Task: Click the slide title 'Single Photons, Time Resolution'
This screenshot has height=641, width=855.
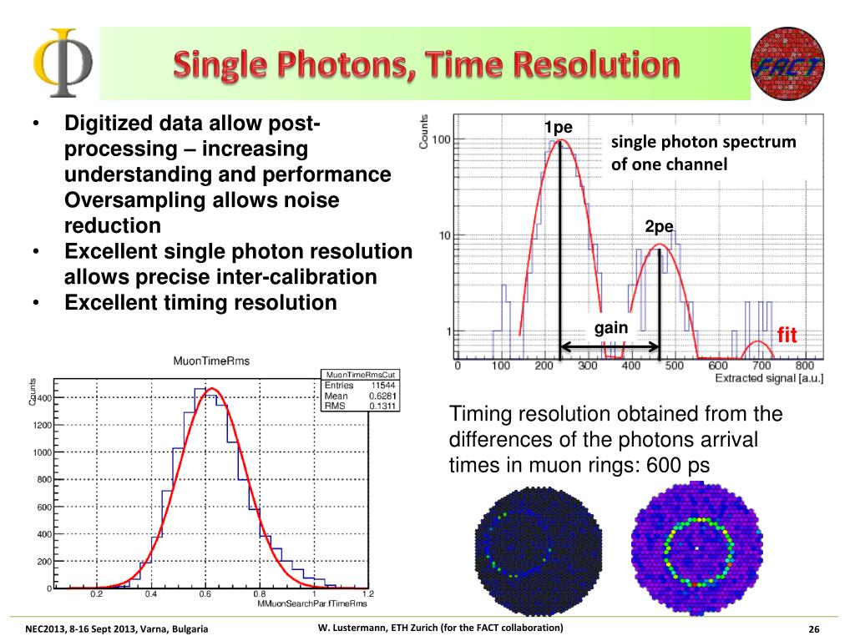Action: (426, 65)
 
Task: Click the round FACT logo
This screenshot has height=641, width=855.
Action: (789, 63)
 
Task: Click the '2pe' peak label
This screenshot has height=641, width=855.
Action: (659, 227)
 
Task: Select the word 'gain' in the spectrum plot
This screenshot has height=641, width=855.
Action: (610, 328)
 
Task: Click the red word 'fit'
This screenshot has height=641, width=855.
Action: (787, 336)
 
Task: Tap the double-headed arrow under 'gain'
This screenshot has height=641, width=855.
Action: (610, 347)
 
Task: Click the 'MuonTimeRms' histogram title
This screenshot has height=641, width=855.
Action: (211, 361)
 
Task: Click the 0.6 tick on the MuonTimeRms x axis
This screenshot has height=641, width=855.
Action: (205, 594)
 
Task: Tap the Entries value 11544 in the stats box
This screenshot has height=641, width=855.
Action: (383, 386)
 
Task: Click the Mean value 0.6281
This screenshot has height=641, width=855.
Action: (383, 396)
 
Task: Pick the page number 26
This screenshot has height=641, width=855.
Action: (814, 628)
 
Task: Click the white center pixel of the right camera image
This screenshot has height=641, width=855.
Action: (696, 548)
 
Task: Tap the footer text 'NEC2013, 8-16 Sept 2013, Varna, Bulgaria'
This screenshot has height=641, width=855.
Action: (117, 628)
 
